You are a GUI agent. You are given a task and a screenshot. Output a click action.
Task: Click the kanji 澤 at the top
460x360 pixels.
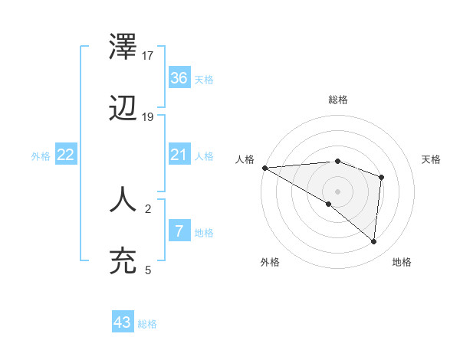[x=123, y=48]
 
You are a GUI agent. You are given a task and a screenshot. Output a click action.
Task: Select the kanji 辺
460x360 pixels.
[x=123, y=110]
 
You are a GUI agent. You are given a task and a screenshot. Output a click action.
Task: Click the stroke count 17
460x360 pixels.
[x=149, y=56]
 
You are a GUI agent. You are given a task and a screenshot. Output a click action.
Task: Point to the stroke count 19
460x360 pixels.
[x=149, y=117]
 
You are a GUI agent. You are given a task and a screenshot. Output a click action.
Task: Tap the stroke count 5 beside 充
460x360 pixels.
[x=149, y=270]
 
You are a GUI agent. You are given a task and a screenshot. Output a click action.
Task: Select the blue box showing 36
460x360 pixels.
[x=179, y=78]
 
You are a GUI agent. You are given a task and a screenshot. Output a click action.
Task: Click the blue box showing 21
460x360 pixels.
[x=179, y=155]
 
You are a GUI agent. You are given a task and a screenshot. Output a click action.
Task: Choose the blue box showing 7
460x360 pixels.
[x=179, y=231]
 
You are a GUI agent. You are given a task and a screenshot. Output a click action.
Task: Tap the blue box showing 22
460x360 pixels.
[x=66, y=155]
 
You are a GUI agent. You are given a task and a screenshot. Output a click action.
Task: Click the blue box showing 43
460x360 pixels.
[x=123, y=322]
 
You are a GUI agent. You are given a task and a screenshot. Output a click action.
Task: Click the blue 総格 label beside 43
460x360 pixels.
[x=148, y=324]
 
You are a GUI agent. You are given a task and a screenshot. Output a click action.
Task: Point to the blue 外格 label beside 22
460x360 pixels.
[x=41, y=156]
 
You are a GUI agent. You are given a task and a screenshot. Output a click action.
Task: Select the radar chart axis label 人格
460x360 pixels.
[x=245, y=159]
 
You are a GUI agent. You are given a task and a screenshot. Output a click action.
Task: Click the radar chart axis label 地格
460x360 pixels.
[x=402, y=262]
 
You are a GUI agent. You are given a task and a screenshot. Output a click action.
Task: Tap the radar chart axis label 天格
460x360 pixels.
[x=431, y=159]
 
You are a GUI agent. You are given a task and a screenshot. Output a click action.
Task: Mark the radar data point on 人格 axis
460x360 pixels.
[x=264, y=168]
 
